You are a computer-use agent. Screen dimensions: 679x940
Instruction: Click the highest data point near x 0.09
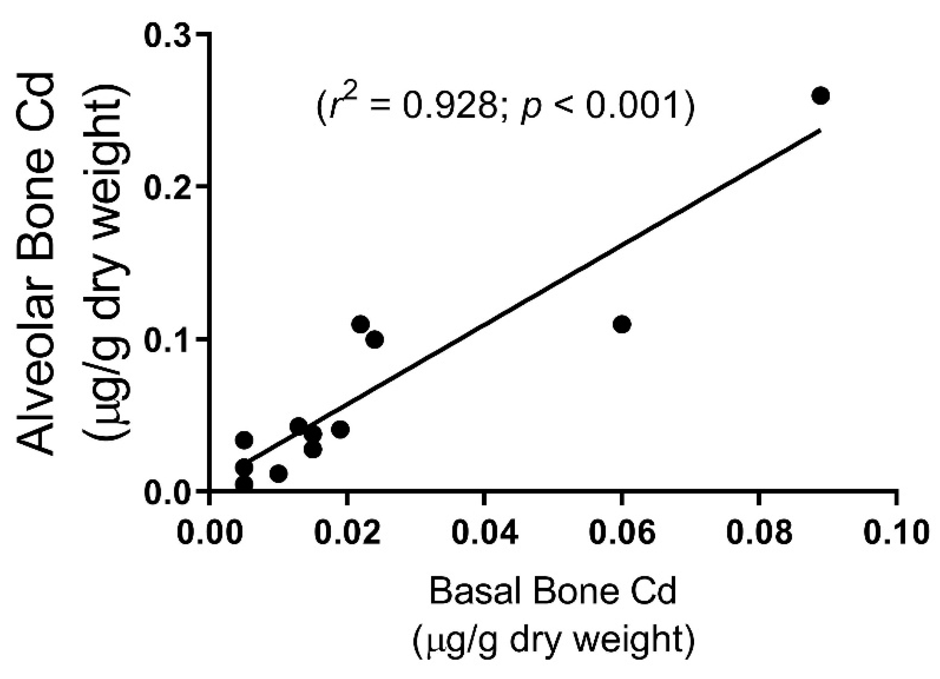point(821,95)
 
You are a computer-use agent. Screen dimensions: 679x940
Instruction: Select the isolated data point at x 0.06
point(622,324)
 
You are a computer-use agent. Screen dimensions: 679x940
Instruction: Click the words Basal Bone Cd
point(552,591)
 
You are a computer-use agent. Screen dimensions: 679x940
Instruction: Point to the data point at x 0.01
point(278,474)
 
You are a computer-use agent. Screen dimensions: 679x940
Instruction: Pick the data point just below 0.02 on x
point(340,430)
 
